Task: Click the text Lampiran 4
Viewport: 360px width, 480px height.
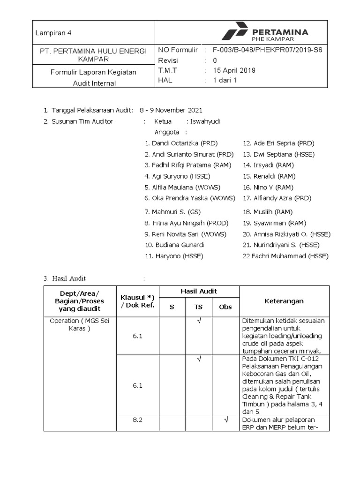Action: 53,33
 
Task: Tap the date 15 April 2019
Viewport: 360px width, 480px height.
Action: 234,70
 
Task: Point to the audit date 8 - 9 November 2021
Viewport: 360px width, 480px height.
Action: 171,111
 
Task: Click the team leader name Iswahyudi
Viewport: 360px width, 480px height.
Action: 205,121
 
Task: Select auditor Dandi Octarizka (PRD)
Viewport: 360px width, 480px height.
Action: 181,143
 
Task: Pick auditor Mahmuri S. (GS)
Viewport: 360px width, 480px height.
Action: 172,212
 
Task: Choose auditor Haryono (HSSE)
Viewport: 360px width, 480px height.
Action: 174,256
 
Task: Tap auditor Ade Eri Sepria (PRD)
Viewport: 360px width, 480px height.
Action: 278,143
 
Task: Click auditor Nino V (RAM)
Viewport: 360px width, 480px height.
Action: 268,187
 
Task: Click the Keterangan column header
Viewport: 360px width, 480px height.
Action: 284,301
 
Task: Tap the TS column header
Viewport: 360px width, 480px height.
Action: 198,307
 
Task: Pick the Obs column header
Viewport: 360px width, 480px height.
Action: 225,307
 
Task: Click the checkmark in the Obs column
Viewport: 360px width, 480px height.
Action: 225,420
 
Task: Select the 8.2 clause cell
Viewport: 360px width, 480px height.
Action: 137,420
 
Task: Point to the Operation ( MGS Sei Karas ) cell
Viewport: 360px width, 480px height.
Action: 73,324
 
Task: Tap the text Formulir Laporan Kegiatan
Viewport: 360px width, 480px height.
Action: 93,72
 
